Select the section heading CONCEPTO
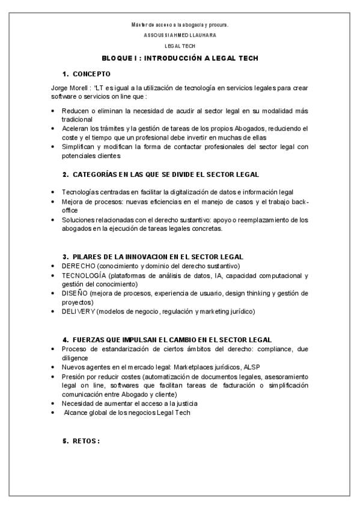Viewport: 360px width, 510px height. [x=91, y=74]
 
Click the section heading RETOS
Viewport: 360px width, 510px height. [x=86, y=440]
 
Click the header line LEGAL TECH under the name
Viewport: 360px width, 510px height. [x=180, y=46]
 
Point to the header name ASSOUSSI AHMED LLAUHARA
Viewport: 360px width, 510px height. [x=180, y=35]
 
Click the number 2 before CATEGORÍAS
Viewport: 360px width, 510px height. [x=64, y=174]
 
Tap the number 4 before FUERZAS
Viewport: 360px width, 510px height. [x=64, y=339]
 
